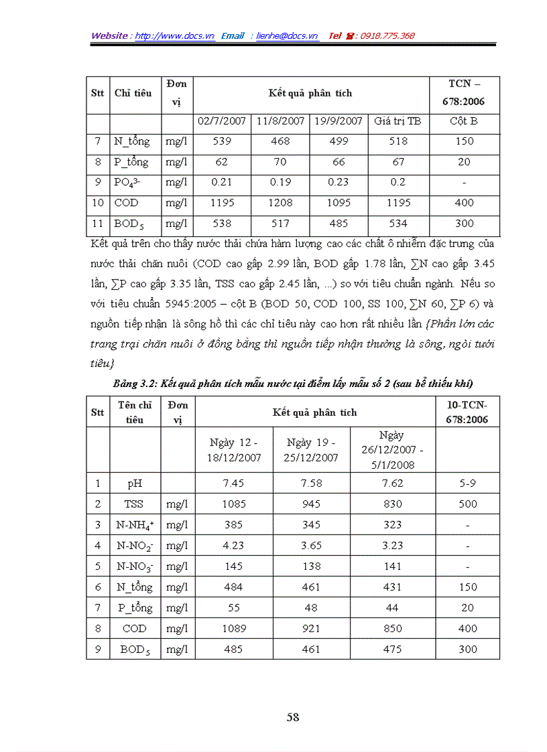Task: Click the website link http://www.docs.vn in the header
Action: [175, 35]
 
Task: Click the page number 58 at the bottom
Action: [292, 717]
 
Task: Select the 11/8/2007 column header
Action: [280, 121]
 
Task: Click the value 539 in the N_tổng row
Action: [222, 141]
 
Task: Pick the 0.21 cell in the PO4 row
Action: [222, 182]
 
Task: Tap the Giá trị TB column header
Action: [398, 121]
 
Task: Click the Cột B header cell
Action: [464, 121]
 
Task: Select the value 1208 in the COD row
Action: [280, 203]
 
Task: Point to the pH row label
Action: [135, 483]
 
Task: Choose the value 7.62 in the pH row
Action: [392, 483]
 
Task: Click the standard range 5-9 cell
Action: [467, 483]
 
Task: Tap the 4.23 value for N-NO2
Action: [233, 546]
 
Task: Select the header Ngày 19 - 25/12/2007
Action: [312, 450]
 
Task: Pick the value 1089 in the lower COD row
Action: [233, 629]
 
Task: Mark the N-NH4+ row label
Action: [135, 525]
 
